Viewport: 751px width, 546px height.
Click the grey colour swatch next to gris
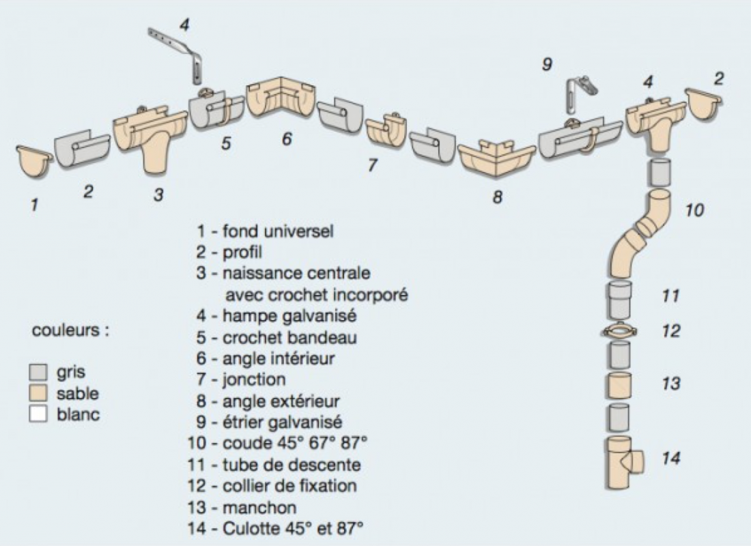[39, 373]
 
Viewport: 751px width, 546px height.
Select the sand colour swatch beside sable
[39, 394]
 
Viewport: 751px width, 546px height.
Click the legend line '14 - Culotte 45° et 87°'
[274, 528]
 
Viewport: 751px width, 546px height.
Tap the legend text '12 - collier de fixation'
[272, 485]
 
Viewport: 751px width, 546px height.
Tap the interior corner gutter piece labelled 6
[282, 101]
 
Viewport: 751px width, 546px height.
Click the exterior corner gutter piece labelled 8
[496, 158]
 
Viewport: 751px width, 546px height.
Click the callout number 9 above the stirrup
[546, 64]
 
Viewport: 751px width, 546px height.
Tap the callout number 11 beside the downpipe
[670, 296]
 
